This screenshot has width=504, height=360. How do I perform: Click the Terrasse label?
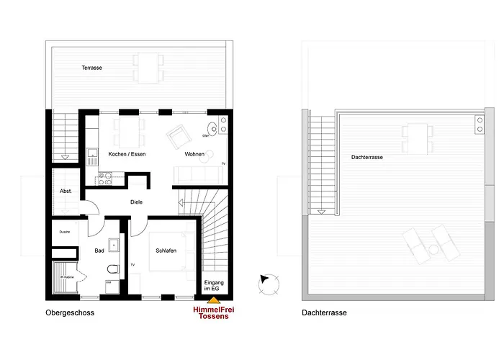91,68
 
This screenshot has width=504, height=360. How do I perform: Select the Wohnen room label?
194,156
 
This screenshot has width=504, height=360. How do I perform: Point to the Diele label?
137,202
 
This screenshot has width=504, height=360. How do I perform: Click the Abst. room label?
66,191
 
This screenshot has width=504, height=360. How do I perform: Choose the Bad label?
100,251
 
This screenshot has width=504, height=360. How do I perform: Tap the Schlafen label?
166,251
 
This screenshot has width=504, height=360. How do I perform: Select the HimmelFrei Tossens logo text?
215,313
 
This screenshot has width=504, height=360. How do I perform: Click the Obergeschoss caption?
70,313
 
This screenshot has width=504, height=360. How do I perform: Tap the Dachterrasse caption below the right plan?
324,313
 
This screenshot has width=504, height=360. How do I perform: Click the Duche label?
64,232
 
